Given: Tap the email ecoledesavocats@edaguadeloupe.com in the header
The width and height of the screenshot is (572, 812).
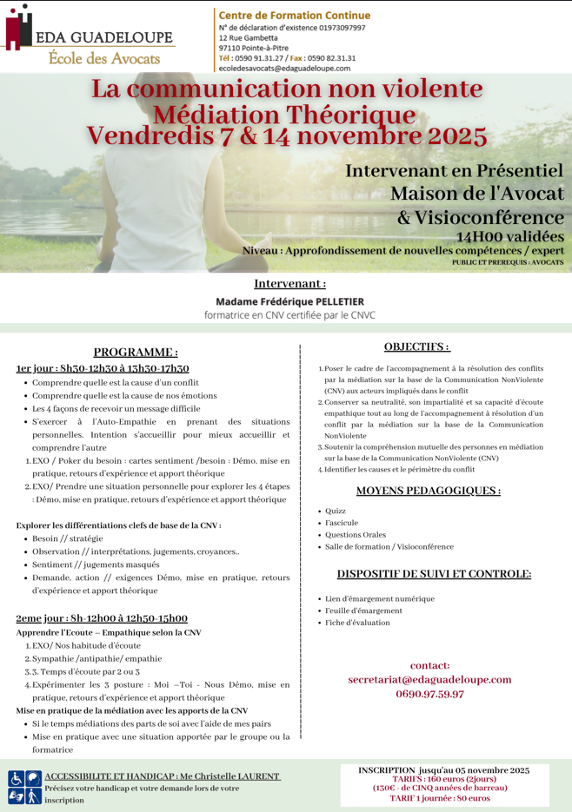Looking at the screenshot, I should (x=284, y=69).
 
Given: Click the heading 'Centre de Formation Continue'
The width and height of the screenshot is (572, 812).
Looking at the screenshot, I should (x=294, y=16).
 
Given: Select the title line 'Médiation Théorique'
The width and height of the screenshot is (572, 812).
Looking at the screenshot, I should (x=284, y=115).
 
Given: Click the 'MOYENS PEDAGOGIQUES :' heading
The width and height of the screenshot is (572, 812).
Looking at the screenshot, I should (x=428, y=490).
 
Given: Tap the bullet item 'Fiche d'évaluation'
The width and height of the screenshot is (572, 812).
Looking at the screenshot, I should (x=357, y=623).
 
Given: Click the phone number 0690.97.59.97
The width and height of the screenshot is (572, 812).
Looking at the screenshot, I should (x=429, y=694).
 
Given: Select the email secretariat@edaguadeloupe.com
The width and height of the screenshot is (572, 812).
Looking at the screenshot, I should (x=429, y=679).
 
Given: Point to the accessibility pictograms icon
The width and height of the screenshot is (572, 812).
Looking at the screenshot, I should (x=25, y=787).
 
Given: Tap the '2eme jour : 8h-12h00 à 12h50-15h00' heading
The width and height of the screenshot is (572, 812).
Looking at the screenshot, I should (x=102, y=618).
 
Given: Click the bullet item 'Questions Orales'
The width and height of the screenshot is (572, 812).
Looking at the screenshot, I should (x=356, y=535).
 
